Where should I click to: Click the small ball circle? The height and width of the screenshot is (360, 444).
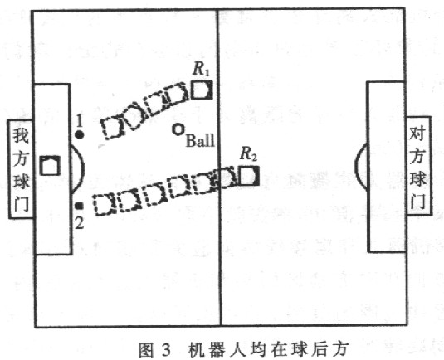point(178,129)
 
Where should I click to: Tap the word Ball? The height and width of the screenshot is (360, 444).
point(200,140)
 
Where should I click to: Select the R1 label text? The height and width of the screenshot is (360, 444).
point(201,69)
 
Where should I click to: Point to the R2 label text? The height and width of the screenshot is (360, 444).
point(248,154)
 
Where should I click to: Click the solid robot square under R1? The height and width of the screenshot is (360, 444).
point(202,90)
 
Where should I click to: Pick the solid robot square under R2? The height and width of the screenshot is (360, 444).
point(249,176)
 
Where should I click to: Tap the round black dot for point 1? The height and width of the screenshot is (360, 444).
point(80,135)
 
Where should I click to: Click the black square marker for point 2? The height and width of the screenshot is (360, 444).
point(80,207)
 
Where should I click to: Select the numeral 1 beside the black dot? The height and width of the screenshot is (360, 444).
point(79,121)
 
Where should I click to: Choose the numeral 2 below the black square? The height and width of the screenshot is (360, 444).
point(79,223)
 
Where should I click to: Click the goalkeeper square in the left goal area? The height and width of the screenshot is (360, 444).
point(50,165)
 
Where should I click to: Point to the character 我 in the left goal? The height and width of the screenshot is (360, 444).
point(21,135)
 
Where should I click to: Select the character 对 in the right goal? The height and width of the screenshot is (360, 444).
point(417,133)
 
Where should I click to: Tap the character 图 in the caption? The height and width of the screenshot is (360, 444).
point(146,350)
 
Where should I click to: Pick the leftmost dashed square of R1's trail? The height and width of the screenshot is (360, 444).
point(112,128)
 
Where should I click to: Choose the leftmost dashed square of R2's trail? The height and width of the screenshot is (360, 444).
point(105,204)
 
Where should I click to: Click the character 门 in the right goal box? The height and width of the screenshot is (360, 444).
point(417,201)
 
